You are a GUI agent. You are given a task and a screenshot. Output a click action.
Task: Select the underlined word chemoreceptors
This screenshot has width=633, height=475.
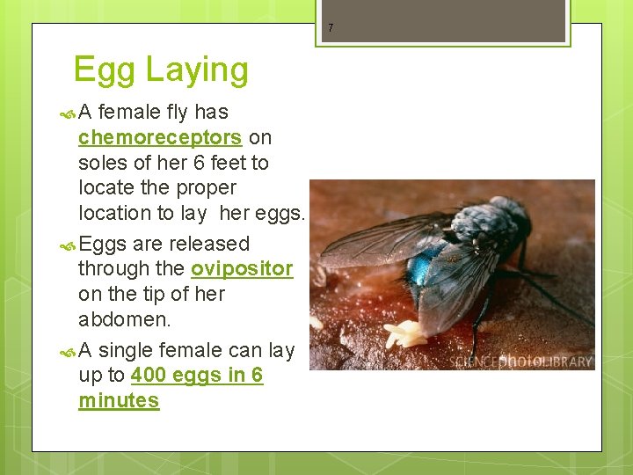click(x=159, y=137)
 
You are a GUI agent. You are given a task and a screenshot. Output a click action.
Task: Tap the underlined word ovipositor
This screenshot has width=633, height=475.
click(x=242, y=268)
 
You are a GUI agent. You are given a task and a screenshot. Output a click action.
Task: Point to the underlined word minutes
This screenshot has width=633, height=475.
click(x=119, y=401)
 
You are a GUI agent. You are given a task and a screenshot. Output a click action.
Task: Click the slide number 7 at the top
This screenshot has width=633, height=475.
click(x=331, y=28)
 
